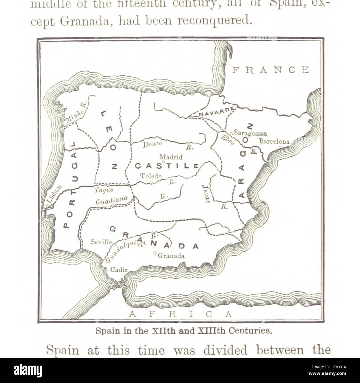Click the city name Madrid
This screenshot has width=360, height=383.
point(171,157)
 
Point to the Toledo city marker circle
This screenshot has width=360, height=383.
point(151,182)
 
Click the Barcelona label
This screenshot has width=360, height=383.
point(274,141)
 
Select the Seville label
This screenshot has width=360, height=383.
point(101,242)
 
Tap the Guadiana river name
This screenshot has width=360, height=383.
point(111,200)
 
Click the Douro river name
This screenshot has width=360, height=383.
point(152,144)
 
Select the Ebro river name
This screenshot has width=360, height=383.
point(228,139)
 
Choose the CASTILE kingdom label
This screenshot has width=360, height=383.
point(166,166)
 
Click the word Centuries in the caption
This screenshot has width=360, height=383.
point(251,331)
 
